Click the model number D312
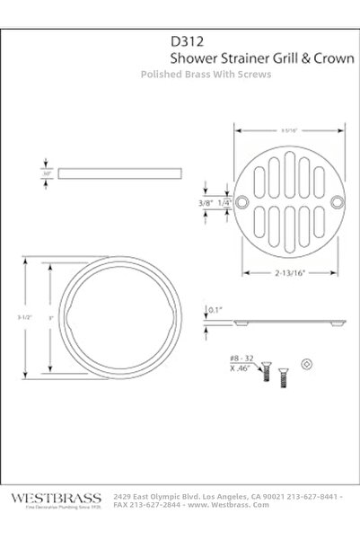pos(186,40)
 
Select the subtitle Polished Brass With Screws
pos(206,75)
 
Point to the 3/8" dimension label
pos(207,203)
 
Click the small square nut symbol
pos(309,363)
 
